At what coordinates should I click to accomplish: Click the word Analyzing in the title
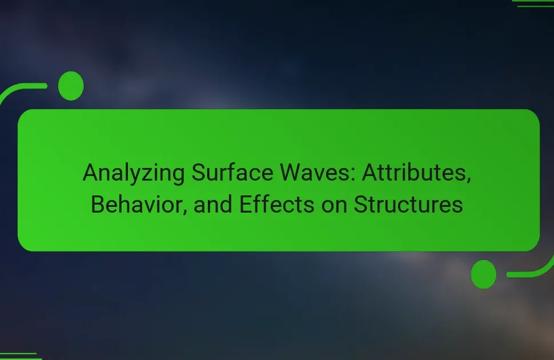134,174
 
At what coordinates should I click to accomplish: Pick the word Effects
276,204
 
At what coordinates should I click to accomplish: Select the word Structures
408,204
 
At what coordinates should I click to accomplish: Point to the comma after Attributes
468,181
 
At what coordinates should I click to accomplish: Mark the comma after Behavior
184,212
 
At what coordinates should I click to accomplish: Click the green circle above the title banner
71,86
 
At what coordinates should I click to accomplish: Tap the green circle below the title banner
484,274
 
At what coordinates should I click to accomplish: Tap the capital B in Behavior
98,204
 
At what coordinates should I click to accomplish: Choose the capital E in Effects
246,204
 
